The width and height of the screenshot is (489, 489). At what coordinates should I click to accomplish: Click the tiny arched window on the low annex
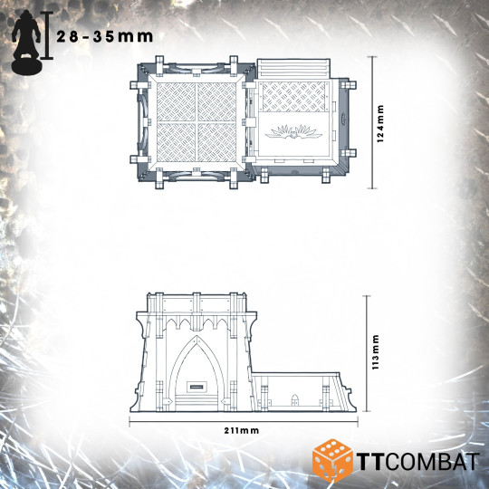[x=296, y=398]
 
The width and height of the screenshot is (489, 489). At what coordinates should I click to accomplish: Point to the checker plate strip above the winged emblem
[x=301, y=98]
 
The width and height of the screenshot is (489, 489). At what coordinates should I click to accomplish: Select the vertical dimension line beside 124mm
[x=372, y=121]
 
